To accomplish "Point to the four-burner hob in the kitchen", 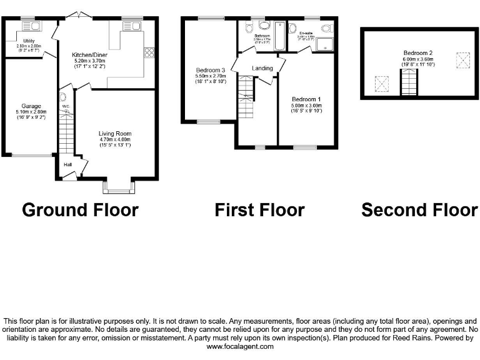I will [x=149, y=54].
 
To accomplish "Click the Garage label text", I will [x=31, y=106].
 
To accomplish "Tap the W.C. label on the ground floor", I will [x=65, y=106].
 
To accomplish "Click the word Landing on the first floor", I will [x=262, y=67].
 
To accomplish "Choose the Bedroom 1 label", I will [x=306, y=99].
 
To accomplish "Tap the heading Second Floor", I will [x=419, y=210].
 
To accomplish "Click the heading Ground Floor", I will [x=80, y=210].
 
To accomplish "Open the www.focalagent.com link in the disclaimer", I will [x=240, y=346].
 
